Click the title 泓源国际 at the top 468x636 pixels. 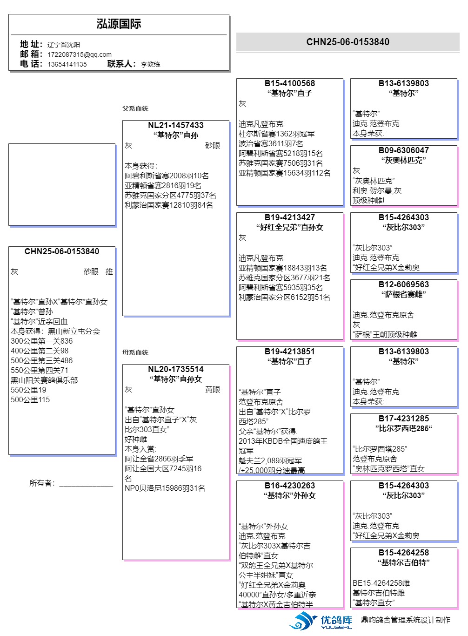coord(119,24)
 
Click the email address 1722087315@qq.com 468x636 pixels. coord(80,54)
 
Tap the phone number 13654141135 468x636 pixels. coord(67,64)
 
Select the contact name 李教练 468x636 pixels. coord(150,64)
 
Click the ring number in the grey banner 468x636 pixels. coord(348,42)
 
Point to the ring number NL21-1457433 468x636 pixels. coord(176,125)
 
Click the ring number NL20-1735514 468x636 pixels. coord(176,369)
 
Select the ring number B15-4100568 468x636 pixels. coord(290,83)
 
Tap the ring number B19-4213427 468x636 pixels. coord(290,217)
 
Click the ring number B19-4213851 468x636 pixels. coord(290,352)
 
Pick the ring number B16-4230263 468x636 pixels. coord(290,486)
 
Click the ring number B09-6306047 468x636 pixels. coord(404,150)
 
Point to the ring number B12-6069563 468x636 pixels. coord(404,284)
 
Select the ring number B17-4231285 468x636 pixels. coord(404,419)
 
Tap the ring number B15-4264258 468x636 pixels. coord(404,553)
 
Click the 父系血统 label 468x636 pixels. coord(135,108)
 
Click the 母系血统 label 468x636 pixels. coord(135,352)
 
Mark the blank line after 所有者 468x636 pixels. coord(86,485)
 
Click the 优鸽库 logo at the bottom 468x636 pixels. coord(321,621)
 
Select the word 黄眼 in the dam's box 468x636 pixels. coord(213,390)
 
